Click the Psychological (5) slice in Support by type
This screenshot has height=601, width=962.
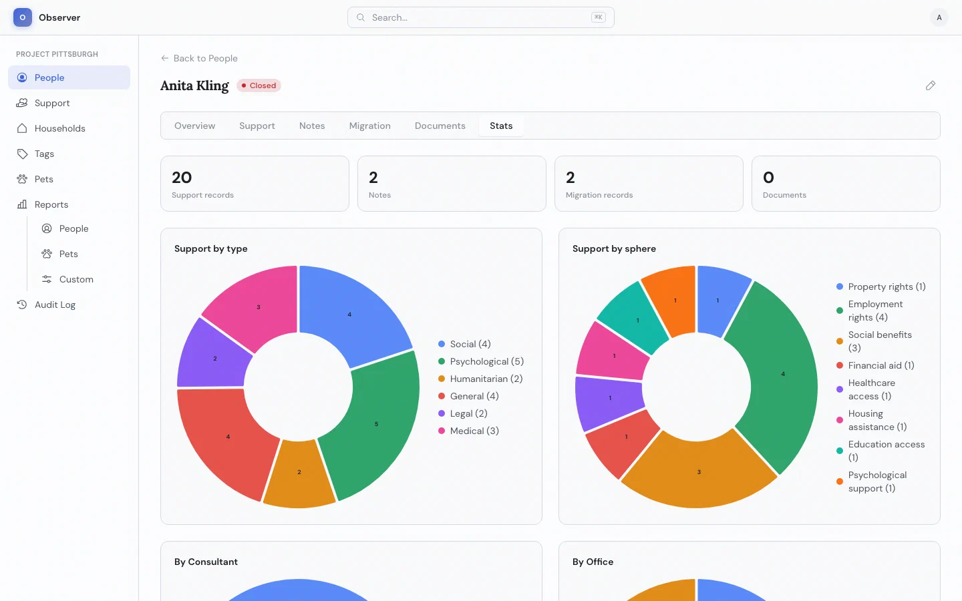click(x=377, y=423)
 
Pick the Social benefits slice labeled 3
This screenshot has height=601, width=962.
click(x=699, y=472)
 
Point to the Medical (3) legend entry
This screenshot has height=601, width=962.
click(x=468, y=431)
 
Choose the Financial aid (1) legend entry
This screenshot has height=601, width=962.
click(x=875, y=365)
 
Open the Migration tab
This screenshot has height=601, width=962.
click(x=370, y=126)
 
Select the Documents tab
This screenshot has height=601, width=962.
click(x=440, y=126)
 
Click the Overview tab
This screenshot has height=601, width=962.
click(x=194, y=126)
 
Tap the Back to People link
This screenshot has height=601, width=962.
click(x=199, y=58)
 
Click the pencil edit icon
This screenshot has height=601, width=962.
click(x=930, y=85)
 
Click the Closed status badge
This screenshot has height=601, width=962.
click(x=259, y=85)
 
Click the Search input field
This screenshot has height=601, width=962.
click(x=480, y=17)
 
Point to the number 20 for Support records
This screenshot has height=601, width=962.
click(x=182, y=178)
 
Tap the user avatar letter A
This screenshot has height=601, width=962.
click(x=939, y=17)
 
